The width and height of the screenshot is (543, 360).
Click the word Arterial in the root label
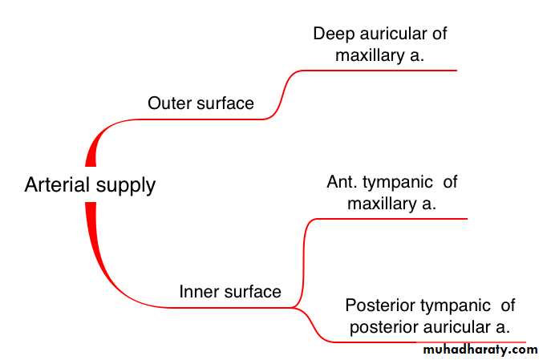click(x=57, y=184)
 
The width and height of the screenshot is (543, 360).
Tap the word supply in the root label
click(x=126, y=186)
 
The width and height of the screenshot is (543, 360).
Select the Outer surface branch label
click(x=201, y=103)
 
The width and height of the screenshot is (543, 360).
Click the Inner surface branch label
click(x=230, y=292)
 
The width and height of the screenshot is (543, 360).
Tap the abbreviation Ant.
click(x=342, y=182)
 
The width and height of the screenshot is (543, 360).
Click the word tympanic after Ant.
click(x=398, y=183)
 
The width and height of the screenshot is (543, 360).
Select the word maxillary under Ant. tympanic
click(x=382, y=204)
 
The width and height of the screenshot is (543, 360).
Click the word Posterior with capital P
click(x=381, y=305)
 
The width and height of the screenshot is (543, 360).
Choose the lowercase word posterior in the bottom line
click(x=383, y=328)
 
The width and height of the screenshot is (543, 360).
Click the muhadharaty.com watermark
click(x=480, y=350)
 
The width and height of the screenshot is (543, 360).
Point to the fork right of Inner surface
click(x=295, y=307)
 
